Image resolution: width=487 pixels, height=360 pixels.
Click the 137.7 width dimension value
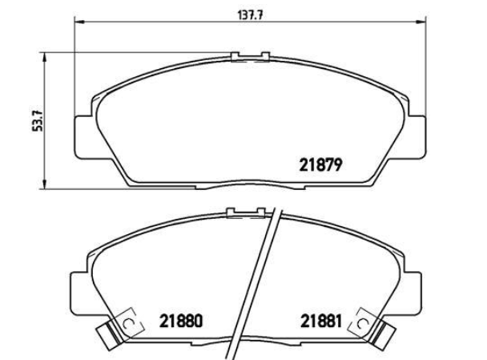pos(251,15)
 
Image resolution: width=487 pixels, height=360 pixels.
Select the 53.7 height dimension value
pos(38,120)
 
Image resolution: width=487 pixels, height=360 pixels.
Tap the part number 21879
pos(321,165)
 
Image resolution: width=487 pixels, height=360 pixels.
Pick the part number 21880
pos(181,321)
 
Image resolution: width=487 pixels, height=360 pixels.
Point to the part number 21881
pos(321,321)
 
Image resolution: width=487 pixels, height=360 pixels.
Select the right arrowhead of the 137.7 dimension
pos(421,22)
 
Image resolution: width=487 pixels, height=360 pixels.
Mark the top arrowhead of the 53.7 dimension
pos(45,58)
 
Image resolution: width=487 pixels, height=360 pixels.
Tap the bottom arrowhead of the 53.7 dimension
pos(45,184)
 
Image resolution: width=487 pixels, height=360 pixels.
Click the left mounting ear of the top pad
pos(84,137)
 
